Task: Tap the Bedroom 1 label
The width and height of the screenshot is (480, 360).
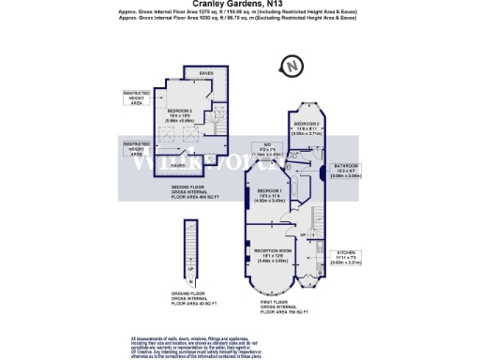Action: (x=271, y=195)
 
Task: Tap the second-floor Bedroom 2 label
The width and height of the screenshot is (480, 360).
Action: (x=181, y=115)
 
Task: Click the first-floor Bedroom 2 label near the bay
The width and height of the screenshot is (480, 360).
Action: (x=308, y=128)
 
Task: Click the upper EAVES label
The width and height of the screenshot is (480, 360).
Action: (x=206, y=72)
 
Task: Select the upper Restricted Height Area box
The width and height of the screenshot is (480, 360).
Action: (x=137, y=99)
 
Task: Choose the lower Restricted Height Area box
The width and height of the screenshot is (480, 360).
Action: (x=137, y=147)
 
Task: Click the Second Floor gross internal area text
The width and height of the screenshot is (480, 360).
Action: (x=196, y=193)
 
